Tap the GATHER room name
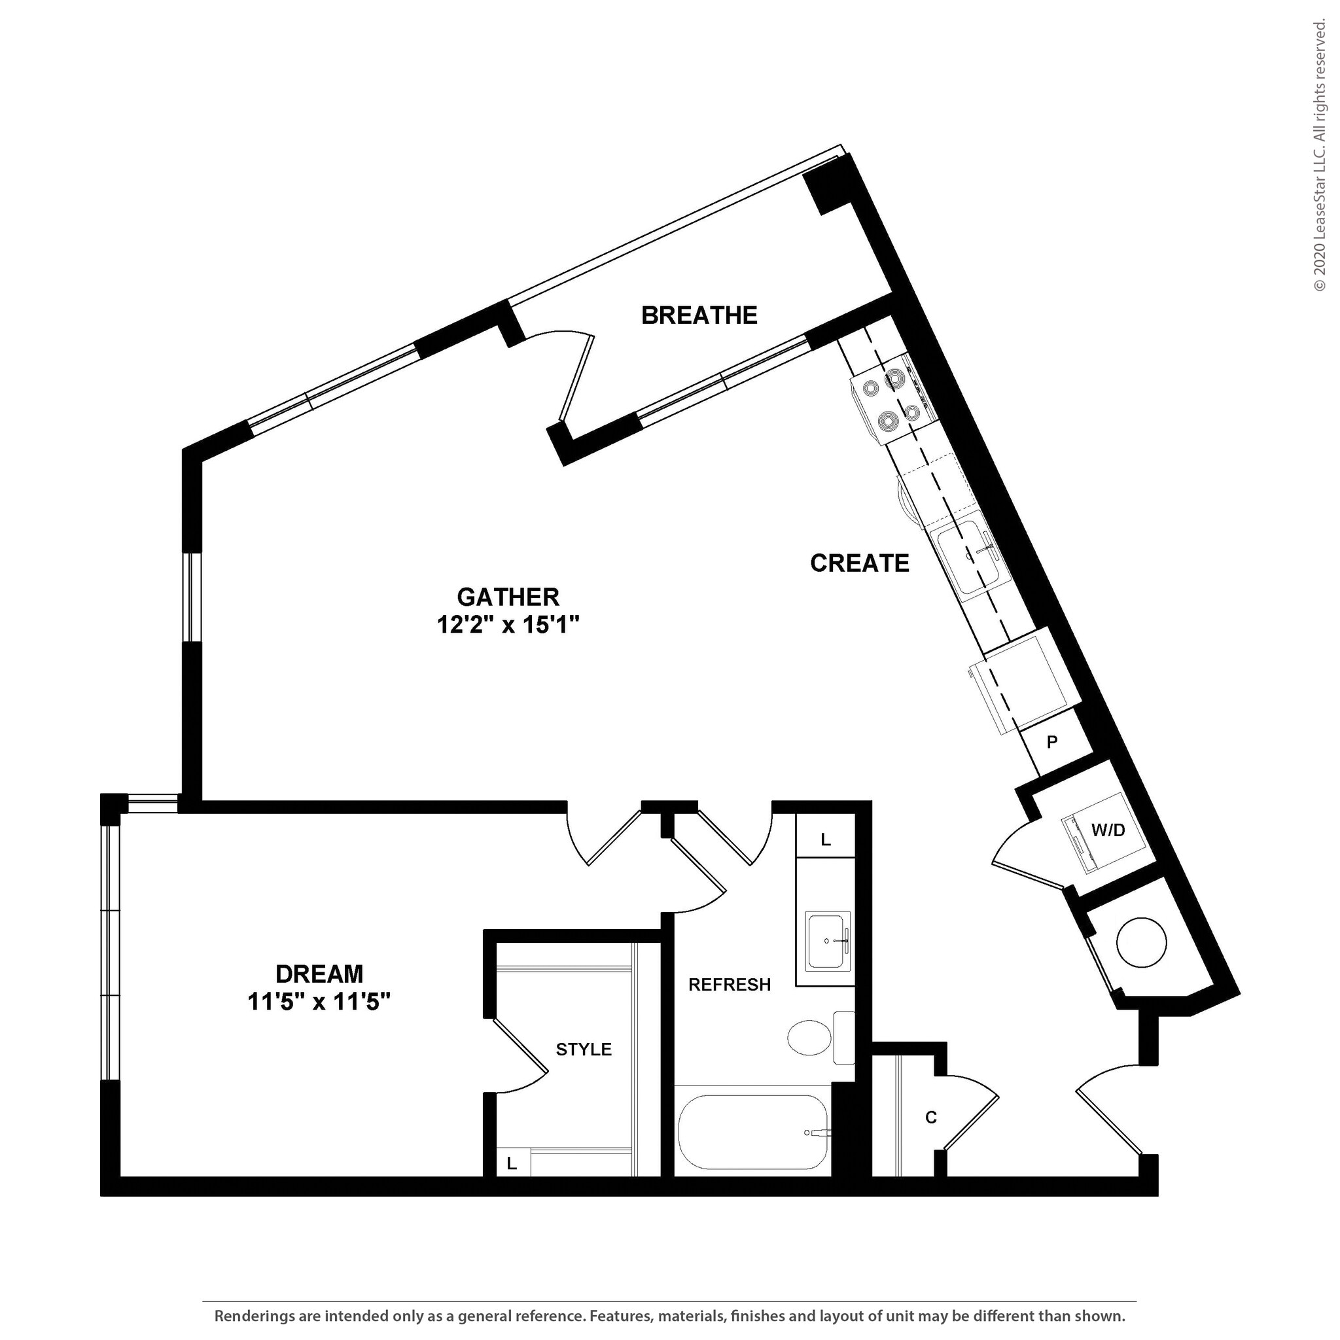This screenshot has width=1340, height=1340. coord(508,597)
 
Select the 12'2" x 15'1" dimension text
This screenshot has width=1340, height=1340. coord(508,626)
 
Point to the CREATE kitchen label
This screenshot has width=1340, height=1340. coord(859,563)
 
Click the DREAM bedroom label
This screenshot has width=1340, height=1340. coord(319,974)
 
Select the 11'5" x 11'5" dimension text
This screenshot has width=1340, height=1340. coord(319,1002)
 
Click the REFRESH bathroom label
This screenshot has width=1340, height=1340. coord(729,985)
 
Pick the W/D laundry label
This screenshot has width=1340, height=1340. coord(1108,830)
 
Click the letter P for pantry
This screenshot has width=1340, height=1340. coord(1052,743)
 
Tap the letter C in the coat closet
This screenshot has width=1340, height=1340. coord(931,1118)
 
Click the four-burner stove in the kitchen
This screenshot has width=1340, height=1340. coord(893,400)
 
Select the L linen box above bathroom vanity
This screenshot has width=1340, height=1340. coord(825,840)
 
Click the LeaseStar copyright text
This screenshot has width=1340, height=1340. coord(1319,156)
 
